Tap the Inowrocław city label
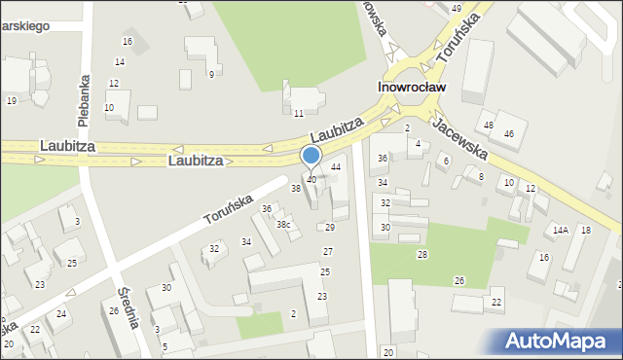(x=412, y=87)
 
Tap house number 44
(x=336, y=167)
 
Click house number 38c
(x=283, y=225)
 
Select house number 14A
(x=560, y=231)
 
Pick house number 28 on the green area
(x=422, y=255)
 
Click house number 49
(x=457, y=8)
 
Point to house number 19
(x=12, y=100)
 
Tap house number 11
(x=299, y=114)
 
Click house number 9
(x=211, y=75)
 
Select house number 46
(x=508, y=133)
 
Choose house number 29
(x=329, y=227)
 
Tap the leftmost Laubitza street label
(x=66, y=145)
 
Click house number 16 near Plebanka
(x=128, y=41)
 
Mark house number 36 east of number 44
(x=383, y=158)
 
